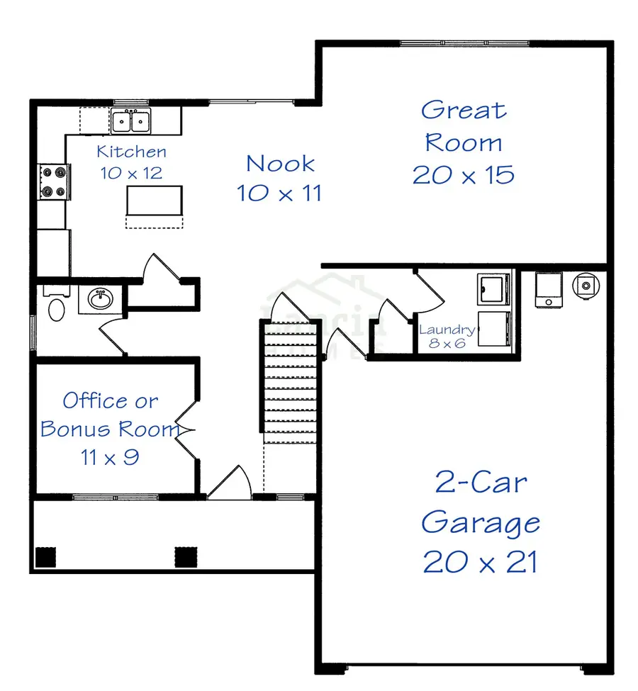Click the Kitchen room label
pos(132,151)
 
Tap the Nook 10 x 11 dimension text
pos(279,192)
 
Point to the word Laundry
pos(447,330)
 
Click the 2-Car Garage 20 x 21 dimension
pos(480,562)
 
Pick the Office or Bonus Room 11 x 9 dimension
pos(109,457)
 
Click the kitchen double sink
pos(131,121)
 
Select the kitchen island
pos(154,200)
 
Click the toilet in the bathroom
pos(55,308)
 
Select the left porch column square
pos(45,557)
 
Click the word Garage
pos(480,523)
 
